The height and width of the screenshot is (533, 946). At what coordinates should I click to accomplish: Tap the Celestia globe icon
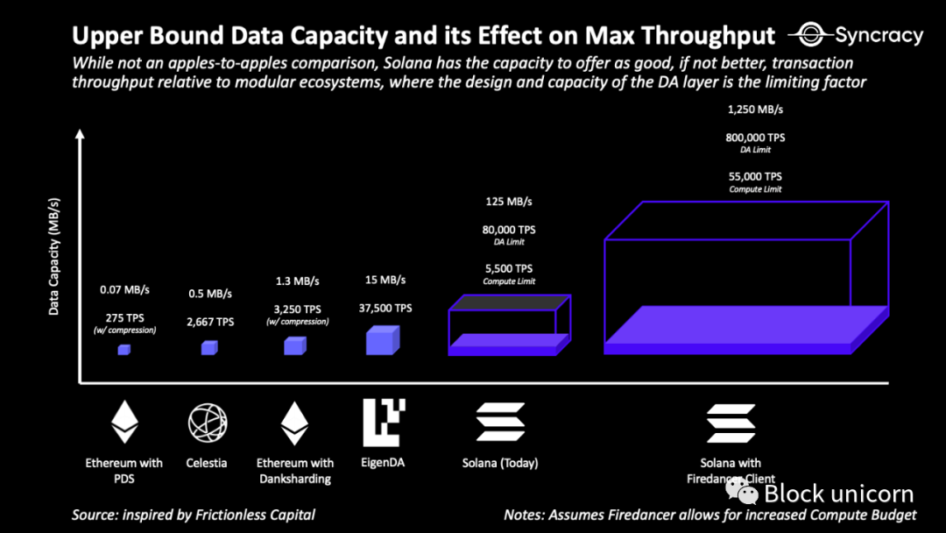(x=208, y=423)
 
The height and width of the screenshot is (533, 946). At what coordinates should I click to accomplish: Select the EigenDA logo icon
(x=384, y=423)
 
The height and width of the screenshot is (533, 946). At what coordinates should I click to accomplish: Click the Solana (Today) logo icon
(x=500, y=423)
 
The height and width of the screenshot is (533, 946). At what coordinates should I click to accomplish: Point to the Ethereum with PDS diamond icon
(x=124, y=423)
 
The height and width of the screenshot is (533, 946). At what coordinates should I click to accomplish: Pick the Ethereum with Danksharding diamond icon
(x=294, y=423)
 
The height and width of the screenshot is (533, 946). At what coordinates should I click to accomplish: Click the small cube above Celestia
(x=208, y=348)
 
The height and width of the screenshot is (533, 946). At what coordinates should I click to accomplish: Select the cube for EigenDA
(x=383, y=340)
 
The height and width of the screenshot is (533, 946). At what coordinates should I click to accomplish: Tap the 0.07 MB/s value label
(x=124, y=289)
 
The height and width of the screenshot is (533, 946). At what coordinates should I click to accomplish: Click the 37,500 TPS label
(x=385, y=308)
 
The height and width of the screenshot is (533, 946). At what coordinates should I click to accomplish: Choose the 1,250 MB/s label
(x=755, y=110)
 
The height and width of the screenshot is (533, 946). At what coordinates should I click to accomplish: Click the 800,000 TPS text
(x=755, y=138)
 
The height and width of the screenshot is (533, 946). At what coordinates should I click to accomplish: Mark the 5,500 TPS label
(x=509, y=268)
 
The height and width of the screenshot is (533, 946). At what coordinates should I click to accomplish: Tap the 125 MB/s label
(x=509, y=202)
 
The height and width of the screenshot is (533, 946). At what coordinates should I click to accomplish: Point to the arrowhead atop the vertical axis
(x=80, y=135)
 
